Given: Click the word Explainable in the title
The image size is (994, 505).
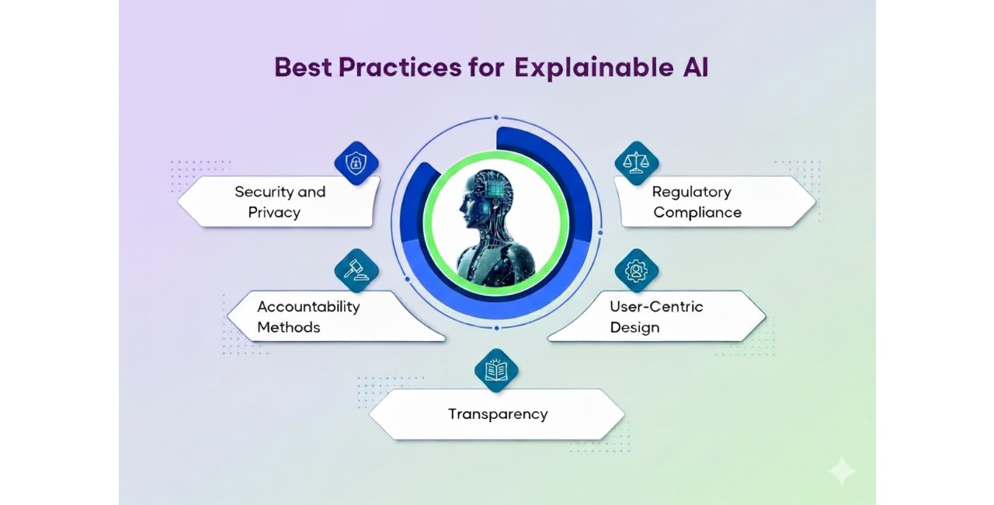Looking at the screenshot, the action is [x=594, y=68].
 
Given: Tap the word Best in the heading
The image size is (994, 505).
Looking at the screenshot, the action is [x=303, y=67].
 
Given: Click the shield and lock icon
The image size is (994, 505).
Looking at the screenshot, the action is [x=356, y=163].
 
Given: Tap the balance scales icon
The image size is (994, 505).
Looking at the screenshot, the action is [x=636, y=163].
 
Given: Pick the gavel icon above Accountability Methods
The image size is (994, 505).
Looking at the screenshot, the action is [x=356, y=270].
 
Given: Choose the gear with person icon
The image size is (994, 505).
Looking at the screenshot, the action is [x=636, y=270].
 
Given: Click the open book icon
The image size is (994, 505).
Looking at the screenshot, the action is [x=496, y=371].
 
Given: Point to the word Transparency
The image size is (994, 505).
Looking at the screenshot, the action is [x=498, y=414].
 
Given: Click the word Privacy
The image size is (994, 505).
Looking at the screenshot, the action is [x=274, y=213].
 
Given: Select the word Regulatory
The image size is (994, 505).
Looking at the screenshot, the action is [x=691, y=192].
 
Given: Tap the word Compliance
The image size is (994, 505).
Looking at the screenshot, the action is [x=697, y=213].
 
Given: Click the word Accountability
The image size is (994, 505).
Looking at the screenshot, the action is [x=309, y=307].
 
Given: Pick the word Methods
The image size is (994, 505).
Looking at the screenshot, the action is [x=288, y=328].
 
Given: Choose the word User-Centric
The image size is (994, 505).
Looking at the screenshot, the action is [x=656, y=307].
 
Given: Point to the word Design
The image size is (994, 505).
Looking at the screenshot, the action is [x=634, y=328].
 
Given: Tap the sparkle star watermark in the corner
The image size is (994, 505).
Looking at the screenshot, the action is [x=841, y=470].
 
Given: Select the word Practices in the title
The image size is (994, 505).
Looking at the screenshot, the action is [x=400, y=67].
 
